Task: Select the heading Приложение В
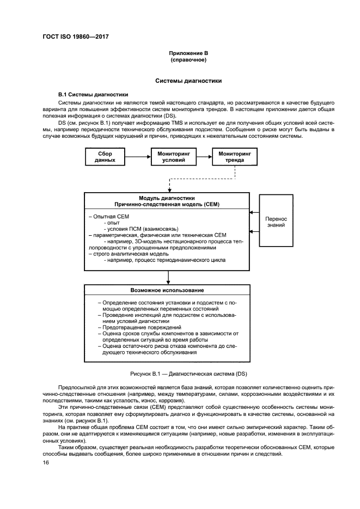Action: (188, 53)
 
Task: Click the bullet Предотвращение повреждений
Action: (139, 327)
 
